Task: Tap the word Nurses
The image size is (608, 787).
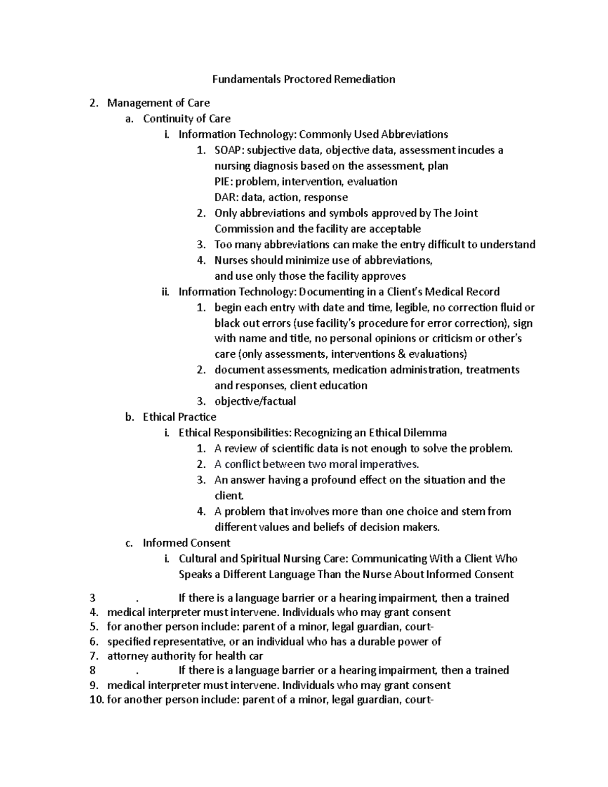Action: tap(231, 260)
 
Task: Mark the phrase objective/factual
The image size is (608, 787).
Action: tap(255, 401)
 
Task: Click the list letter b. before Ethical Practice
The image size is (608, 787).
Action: tap(129, 417)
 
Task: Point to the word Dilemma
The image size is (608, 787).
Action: tap(424, 433)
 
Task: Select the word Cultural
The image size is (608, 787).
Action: tap(198, 558)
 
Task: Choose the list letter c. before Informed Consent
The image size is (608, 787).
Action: tap(129, 543)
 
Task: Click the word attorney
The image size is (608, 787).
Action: tap(127, 656)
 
